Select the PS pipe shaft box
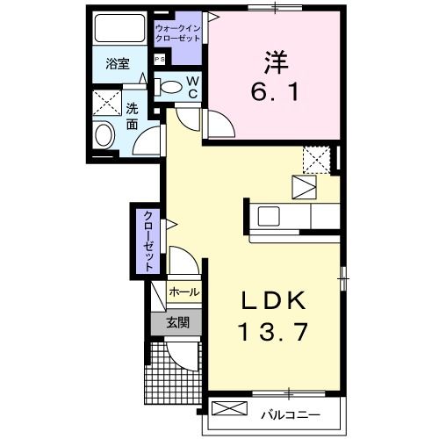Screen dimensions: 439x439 click(x=159, y=59)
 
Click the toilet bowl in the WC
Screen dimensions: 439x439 click(x=176, y=88)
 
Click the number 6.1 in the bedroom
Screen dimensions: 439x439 click(x=275, y=91)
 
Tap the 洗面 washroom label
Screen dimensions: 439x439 click(x=131, y=117)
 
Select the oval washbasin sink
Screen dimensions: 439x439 click(x=104, y=136)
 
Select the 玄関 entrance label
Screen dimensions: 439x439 click(x=178, y=322)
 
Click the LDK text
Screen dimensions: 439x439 click(x=275, y=300)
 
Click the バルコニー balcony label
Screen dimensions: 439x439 click(x=289, y=411)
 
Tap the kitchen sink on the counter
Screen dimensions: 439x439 click(x=266, y=215)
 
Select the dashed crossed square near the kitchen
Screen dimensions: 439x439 click(x=315, y=158)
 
